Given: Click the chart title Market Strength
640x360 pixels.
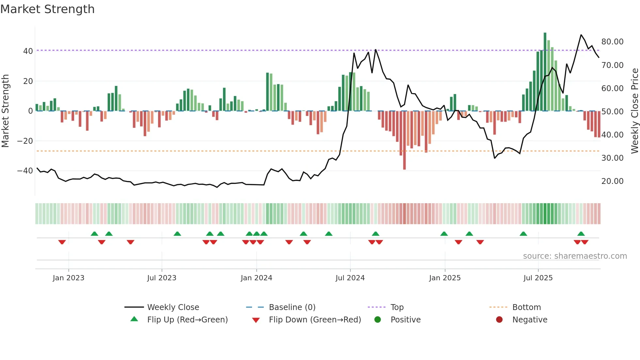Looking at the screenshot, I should tap(47, 9).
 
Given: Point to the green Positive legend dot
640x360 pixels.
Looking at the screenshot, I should tap(377, 319).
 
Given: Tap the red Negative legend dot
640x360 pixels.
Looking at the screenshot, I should tap(499, 319).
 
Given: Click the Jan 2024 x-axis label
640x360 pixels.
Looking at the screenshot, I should tap(256, 278).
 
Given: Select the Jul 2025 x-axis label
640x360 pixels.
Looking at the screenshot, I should tap(538, 278).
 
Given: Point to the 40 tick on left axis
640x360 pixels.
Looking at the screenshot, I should tap(28, 51).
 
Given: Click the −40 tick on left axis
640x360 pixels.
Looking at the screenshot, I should tap(25, 171).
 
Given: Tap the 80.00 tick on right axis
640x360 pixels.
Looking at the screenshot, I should tap(612, 42).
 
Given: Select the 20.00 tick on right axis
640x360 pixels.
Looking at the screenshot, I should tap(612, 181).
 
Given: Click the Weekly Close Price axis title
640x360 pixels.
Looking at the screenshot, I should tap(634, 111).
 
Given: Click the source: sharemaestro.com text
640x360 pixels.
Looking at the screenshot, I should tap(575, 256).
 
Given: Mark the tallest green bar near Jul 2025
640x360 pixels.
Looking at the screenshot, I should tap(545, 72).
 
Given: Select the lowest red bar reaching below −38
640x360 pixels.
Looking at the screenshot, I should tap(404, 140).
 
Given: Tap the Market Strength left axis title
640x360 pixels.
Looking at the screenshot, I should tap(6, 111).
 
